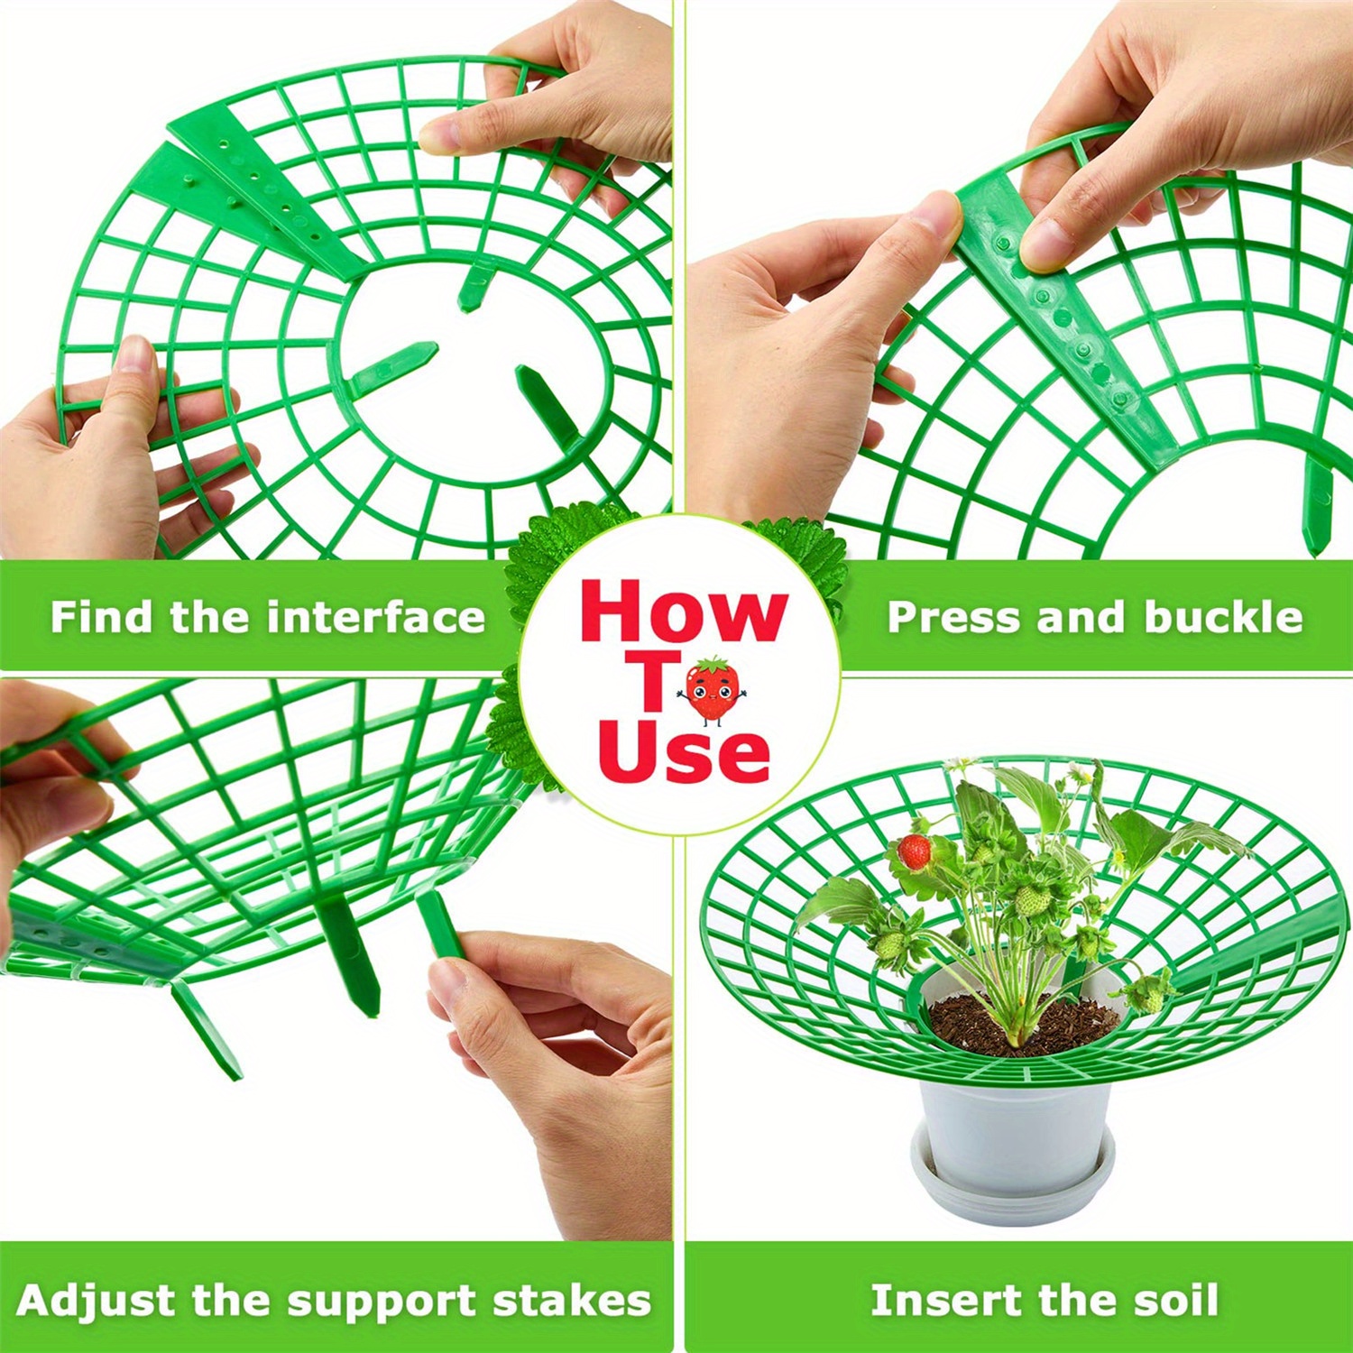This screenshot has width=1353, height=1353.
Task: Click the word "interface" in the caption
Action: [x=376, y=618]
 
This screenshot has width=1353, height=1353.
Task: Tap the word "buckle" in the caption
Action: [x=1223, y=618]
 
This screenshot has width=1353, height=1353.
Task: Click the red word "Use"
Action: [x=683, y=754]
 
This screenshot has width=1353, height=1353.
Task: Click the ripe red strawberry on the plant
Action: [x=915, y=851]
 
